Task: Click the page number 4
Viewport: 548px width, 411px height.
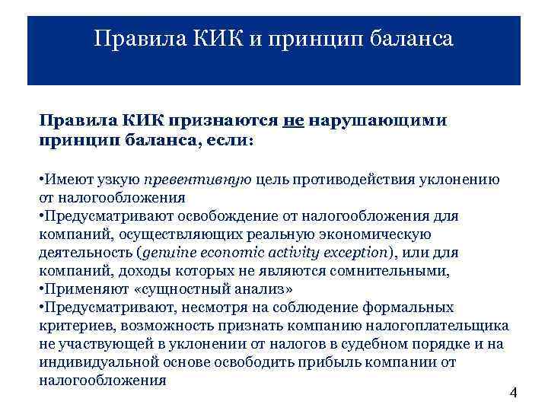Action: click(512, 393)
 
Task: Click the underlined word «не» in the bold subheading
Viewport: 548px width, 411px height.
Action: click(293, 121)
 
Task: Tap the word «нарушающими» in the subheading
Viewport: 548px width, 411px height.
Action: click(378, 121)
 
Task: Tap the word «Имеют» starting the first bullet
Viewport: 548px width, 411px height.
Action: click(64, 180)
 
